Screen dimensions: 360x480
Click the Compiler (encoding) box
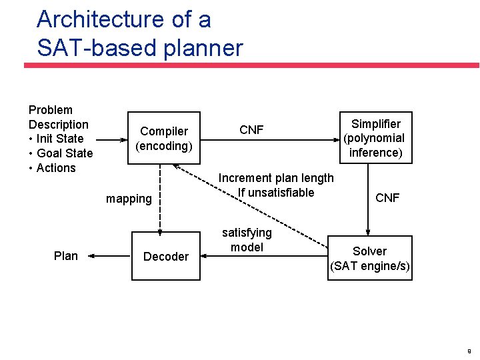click(x=164, y=139)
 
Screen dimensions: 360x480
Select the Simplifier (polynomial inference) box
click(x=376, y=138)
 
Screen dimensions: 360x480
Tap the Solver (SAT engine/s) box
click(x=369, y=259)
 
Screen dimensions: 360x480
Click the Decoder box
click(x=166, y=256)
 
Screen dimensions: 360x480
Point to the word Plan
click(x=65, y=256)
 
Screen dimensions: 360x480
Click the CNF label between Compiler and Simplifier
click(x=251, y=130)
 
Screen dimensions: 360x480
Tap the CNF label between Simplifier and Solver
click(x=387, y=198)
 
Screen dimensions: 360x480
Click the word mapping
click(x=129, y=199)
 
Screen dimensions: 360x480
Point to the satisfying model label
click(x=247, y=240)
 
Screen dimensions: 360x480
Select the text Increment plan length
click(x=276, y=178)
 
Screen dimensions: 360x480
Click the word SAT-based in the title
click(x=87, y=48)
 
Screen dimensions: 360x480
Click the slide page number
click(x=469, y=351)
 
